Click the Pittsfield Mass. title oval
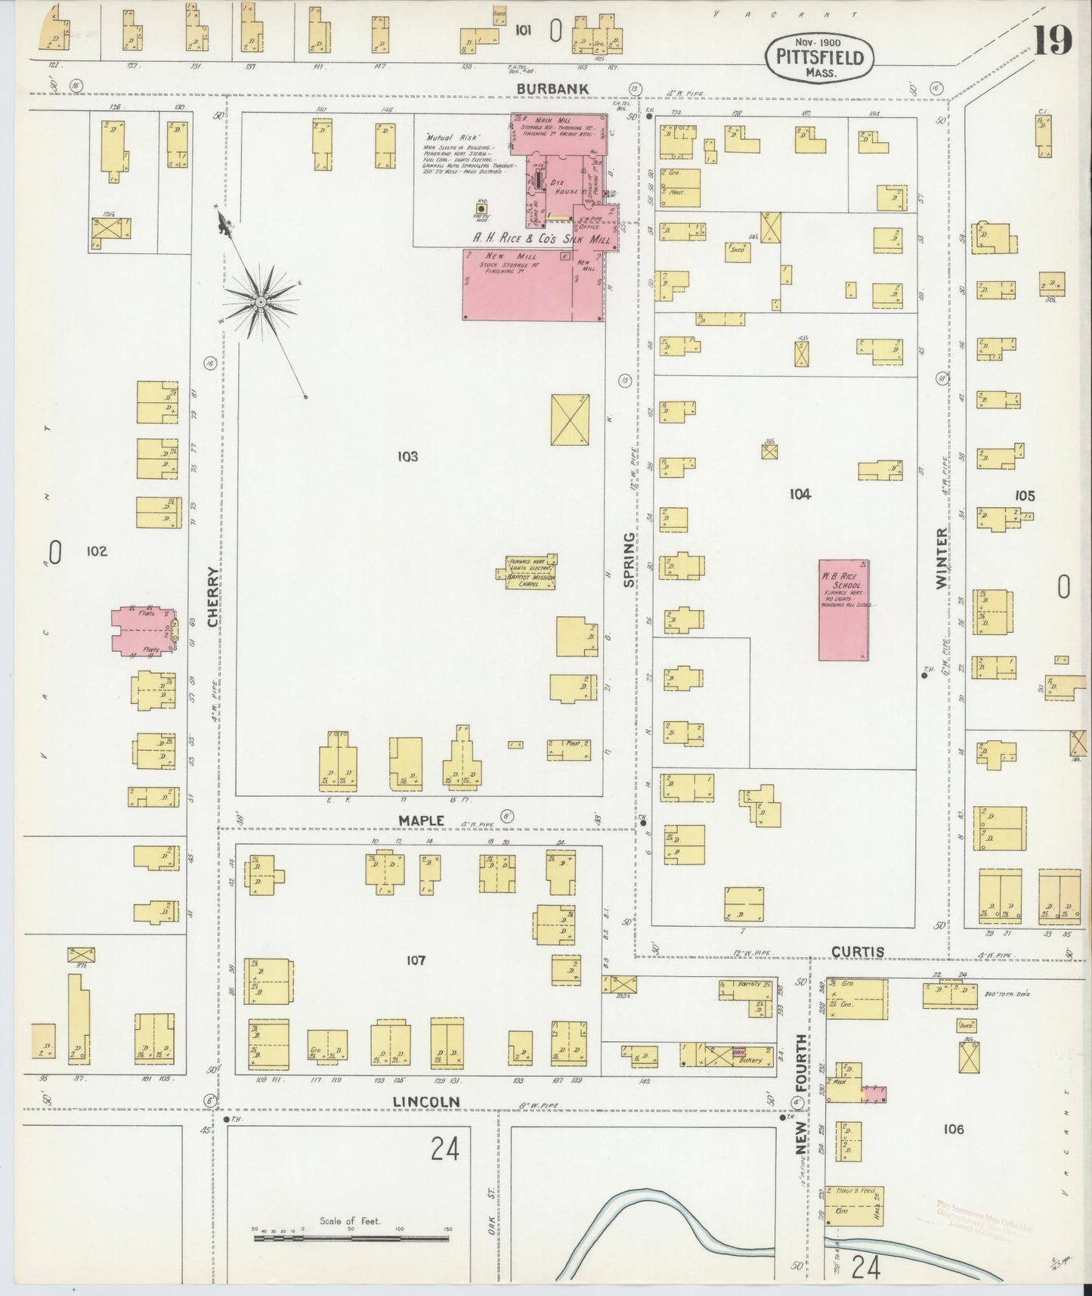click(x=819, y=57)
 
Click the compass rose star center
click(x=261, y=302)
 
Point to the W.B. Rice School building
click(x=843, y=609)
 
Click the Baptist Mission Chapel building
click(x=528, y=572)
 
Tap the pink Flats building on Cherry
click(x=144, y=631)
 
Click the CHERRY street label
click(x=213, y=597)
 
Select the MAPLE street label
click(x=421, y=821)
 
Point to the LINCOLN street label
click(x=426, y=1102)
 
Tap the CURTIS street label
click(x=857, y=952)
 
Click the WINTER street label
click(x=941, y=559)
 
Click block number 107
click(x=416, y=960)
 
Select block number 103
click(x=407, y=457)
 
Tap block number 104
click(x=800, y=495)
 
